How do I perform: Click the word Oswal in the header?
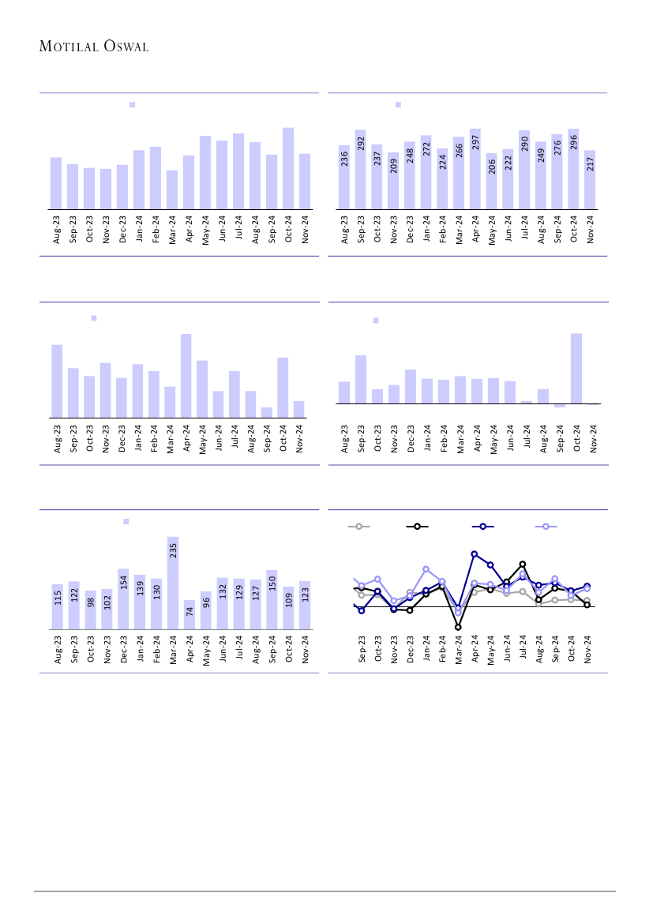[126, 47]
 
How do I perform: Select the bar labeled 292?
[360, 169]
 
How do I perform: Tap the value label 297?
[475, 142]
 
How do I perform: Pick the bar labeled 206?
[491, 181]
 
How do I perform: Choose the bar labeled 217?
[590, 179]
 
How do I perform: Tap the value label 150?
[272, 583]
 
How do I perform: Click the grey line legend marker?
[358, 526]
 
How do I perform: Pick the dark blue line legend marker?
[482, 526]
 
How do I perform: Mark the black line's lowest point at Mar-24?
[458, 627]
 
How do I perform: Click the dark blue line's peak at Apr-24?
[475, 554]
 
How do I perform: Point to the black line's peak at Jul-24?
[523, 565]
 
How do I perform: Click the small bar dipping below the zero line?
[560, 406]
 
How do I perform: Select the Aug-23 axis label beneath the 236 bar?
[344, 228]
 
